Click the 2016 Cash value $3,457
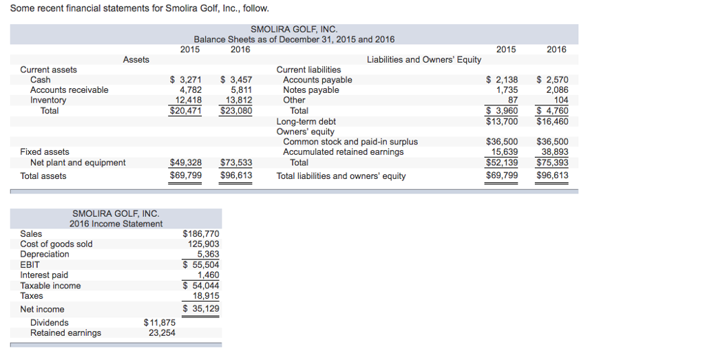coord(236,80)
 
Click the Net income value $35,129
coord(201,308)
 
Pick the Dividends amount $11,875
coord(160,323)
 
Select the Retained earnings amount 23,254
coord(162,333)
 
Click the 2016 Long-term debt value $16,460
coord(552,122)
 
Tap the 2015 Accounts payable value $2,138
coord(502,80)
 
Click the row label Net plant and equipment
coord(78,163)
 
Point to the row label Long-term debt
coord(306,122)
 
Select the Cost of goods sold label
coord(56,244)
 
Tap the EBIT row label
coord(30,264)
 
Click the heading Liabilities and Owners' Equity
coord(424,60)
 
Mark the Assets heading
coord(136,60)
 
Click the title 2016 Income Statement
coord(116,224)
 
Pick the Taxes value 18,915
coord(206,296)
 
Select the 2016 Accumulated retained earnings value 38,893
coord(555,152)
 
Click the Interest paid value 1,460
coord(208,275)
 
